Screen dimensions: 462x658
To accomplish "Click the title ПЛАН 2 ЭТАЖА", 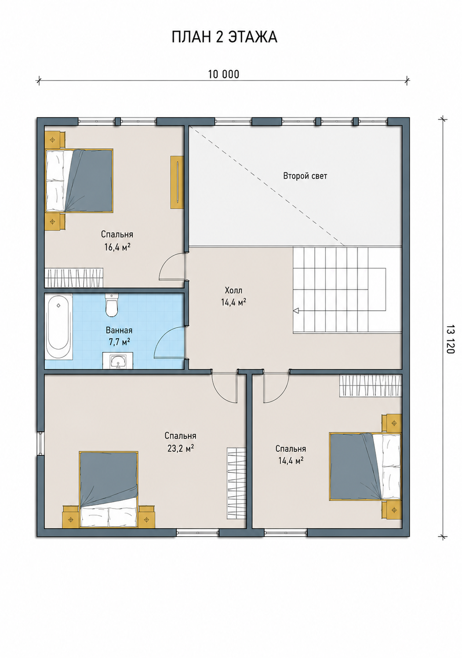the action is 224,37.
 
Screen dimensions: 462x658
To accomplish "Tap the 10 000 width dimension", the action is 224,74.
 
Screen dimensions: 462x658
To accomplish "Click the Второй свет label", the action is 305,176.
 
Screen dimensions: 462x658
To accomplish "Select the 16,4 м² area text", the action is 117,247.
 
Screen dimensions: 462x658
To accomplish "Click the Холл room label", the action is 234,291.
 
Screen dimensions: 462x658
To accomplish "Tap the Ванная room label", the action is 119,330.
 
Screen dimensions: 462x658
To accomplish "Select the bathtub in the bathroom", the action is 59,327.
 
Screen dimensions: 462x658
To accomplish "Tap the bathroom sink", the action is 118,360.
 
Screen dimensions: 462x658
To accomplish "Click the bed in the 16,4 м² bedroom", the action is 79,180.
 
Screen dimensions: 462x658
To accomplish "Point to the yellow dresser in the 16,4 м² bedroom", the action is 177,182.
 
